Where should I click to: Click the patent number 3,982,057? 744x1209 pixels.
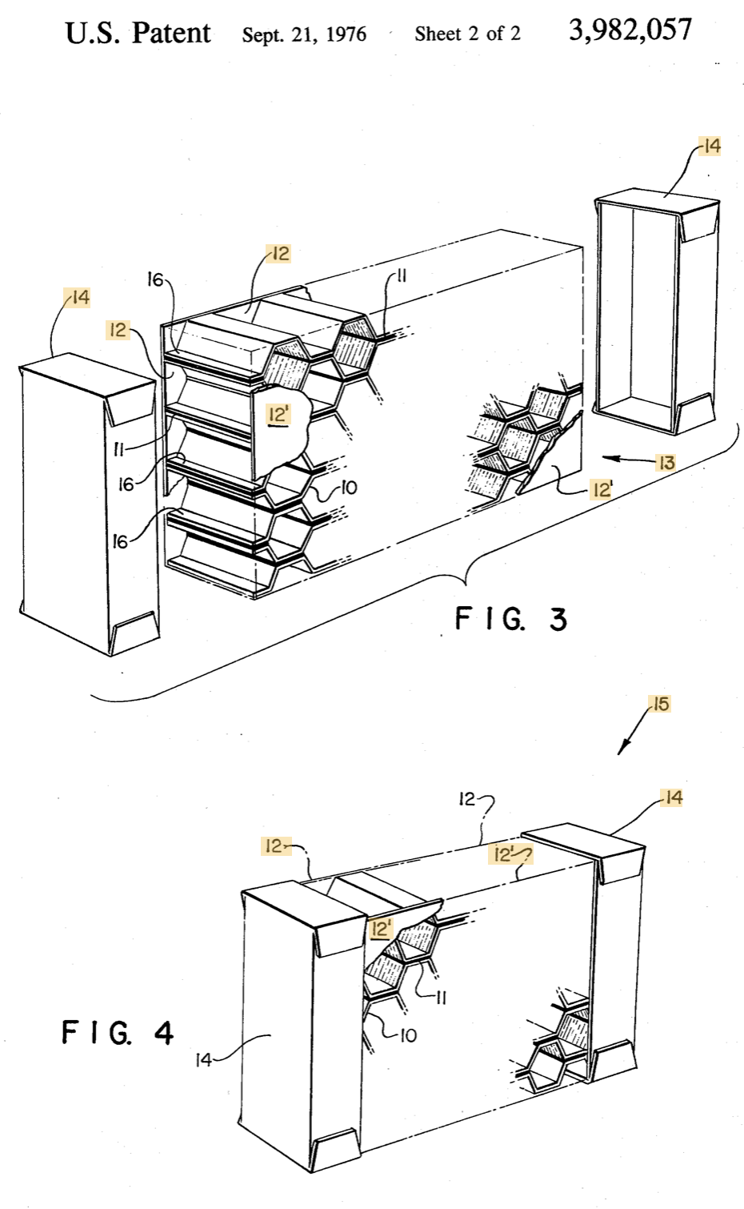630,30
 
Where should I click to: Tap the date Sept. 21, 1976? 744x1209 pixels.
304,34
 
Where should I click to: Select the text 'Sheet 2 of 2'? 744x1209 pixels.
467,34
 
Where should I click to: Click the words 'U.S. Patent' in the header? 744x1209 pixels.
138,34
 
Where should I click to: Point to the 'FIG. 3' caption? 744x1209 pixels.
510,619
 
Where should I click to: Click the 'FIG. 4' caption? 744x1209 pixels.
118,1032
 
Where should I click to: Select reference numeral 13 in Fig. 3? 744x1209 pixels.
667,463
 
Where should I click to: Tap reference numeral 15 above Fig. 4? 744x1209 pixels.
661,704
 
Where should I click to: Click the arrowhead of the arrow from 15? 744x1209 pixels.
621,751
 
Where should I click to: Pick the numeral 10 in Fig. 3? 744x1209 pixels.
349,488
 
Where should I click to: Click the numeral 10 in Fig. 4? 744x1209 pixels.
408,1035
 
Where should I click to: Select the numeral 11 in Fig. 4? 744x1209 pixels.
441,998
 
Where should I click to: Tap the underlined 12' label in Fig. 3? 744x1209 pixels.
278,415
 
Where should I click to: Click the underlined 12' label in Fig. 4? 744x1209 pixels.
381,929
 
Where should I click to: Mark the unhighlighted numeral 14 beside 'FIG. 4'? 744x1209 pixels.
202,1060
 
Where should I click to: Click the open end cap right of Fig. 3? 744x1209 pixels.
656,311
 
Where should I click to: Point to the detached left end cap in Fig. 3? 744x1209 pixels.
90,504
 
